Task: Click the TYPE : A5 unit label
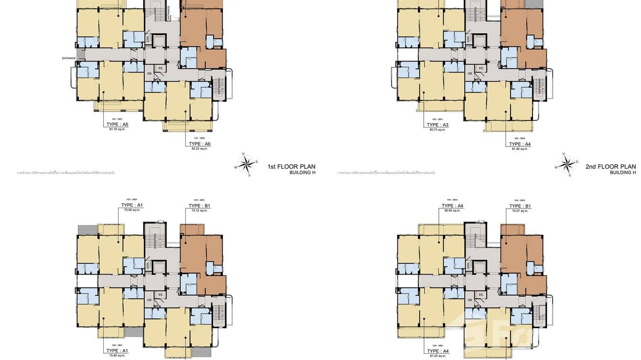(118, 125)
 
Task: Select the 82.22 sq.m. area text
(199, 148)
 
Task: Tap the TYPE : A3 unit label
(438, 125)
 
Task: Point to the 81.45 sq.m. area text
(520, 149)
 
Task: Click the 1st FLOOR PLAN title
(291, 167)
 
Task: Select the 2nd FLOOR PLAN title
(611, 167)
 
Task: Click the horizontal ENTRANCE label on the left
(69, 58)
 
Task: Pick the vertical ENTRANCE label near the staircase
(169, 12)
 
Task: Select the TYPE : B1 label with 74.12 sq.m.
(199, 206)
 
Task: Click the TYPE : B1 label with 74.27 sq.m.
(520, 206)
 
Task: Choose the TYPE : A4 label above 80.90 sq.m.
(452, 206)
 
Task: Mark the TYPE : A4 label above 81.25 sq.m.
(438, 351)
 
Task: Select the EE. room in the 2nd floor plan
(481, 69)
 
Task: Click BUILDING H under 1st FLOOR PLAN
(302, 172)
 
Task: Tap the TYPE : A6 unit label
(199, 144)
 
